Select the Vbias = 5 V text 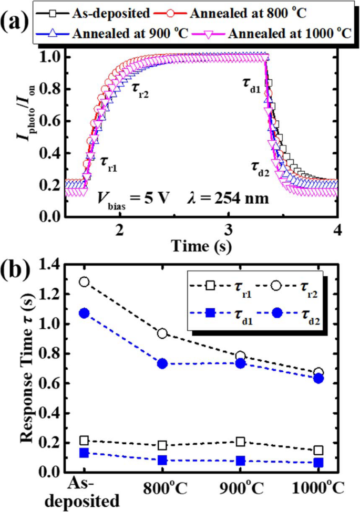pos(132,201)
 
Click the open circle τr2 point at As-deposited pos(84,282)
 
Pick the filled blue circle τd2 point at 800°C pos(162,363)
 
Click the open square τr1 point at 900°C pos(240,442)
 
